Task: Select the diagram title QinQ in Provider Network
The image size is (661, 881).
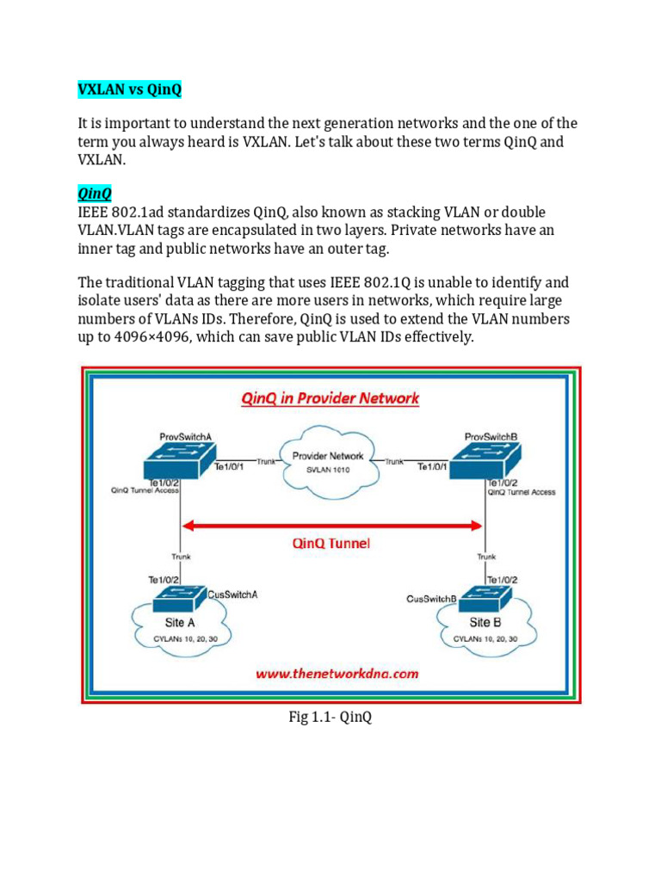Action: [331, 397]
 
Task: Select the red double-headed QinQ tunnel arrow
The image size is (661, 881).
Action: [330, 525]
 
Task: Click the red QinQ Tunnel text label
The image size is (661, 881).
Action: [331, 544]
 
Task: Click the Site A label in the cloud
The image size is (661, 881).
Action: [179, 622]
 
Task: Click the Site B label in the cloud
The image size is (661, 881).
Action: [481, 622]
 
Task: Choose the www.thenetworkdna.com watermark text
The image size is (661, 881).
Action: [337, 674]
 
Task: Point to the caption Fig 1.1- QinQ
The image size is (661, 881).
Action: [330, 718]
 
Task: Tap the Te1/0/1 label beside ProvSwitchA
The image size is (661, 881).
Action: [229, 468]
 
